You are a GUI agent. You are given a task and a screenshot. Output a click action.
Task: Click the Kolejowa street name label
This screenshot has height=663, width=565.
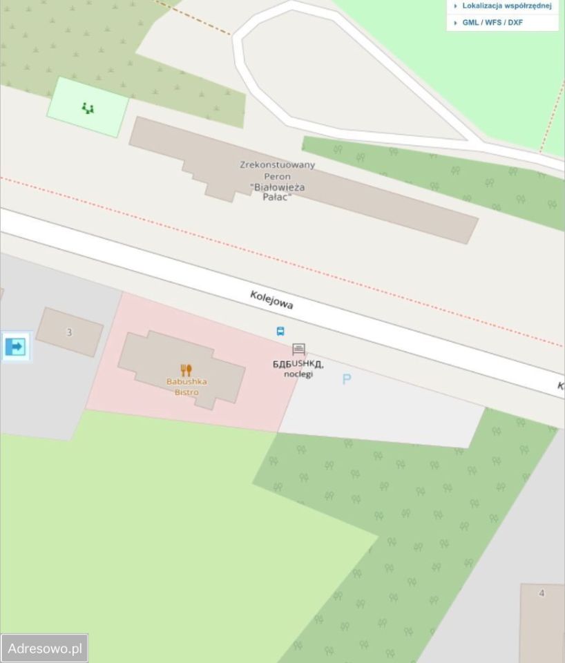[271, 300]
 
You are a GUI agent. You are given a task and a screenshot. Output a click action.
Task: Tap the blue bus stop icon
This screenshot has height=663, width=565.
[280, 331]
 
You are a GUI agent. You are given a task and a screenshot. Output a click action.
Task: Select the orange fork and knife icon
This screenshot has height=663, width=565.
[186, 370]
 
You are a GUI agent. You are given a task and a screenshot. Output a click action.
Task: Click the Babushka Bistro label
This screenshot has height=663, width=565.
[186, 387]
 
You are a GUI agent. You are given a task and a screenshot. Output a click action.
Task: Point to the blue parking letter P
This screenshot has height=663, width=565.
[347, 379]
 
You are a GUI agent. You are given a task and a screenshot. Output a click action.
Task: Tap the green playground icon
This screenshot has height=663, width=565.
[88, 108]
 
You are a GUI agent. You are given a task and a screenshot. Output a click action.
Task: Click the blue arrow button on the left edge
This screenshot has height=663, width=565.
[15, 347]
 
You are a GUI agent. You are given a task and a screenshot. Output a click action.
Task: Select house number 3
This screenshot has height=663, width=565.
[69, 332]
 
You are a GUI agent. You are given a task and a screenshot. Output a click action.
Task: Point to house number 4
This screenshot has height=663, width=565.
[542, 593]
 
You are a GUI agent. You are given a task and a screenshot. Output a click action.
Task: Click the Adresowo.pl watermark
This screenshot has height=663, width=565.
[44, 648]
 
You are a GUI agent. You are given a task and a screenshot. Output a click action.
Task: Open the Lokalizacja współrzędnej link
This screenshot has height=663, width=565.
[506, 6]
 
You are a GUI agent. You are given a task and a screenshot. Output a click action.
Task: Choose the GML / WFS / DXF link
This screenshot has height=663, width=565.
[492, 23]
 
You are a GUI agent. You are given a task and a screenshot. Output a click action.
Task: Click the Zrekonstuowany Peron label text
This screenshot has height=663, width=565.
[277, 171]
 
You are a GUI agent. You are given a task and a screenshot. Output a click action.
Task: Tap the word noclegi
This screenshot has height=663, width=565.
[298, 374]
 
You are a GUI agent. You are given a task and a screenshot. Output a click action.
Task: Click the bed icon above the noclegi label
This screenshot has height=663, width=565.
[298, 349]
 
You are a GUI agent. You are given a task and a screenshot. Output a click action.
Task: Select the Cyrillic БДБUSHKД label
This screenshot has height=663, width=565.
[298, 363]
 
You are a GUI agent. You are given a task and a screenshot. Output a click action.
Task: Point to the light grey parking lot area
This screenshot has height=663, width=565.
[387, 414]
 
